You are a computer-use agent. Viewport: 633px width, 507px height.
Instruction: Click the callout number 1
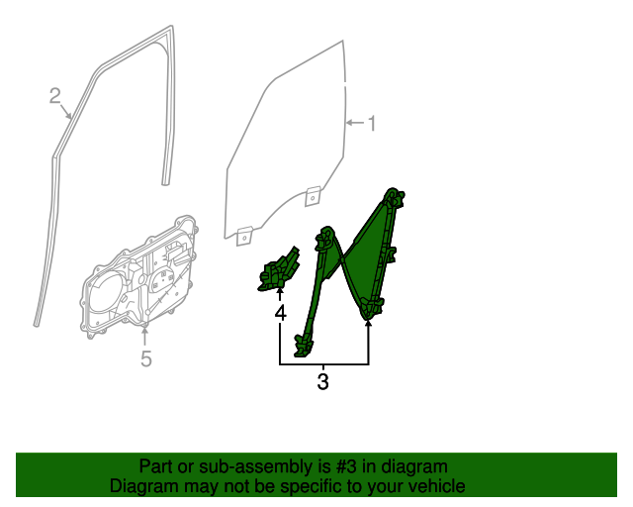[x=372, y=124]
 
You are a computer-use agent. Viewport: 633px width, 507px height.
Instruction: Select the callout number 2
[x=55, y=96]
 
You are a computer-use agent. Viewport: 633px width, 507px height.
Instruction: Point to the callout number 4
[x=280, y=314]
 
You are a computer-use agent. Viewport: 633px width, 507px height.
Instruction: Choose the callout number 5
[x=145, y=358]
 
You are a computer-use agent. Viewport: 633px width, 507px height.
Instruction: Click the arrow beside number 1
[x=354, y=123]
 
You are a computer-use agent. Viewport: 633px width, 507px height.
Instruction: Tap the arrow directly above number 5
[x=145, y=332]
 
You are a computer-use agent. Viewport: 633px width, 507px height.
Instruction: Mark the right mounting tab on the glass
[x=312, y=195]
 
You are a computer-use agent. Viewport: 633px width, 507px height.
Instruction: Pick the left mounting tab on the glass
[x=245, y=234]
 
